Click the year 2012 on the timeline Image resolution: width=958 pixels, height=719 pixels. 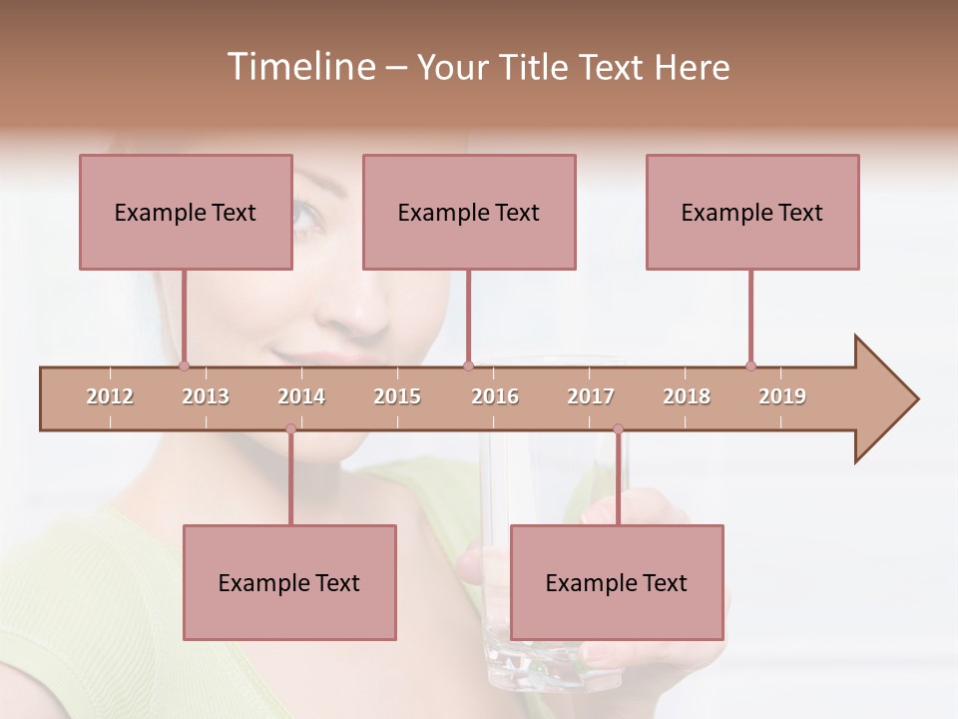(110, 396)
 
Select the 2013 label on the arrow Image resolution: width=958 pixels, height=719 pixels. (206, 396)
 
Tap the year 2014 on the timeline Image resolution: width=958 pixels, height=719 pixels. (301, 396)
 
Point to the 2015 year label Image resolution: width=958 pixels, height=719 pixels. (397, 396)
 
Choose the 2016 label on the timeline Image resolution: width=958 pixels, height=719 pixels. (495, 396)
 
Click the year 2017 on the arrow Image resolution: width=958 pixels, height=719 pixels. (591, 396)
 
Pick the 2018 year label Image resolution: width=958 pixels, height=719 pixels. (687, 396)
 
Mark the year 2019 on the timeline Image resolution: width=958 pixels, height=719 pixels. (782, 396)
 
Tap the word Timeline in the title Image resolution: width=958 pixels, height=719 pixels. (299, 67)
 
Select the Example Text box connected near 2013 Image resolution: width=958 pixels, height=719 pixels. (186, 212)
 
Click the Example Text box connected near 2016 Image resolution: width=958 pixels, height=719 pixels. (469, 212)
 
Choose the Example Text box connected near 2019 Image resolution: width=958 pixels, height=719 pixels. (752, 212)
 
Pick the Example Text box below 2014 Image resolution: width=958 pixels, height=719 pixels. (289, 582)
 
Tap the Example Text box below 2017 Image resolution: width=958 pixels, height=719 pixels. (617, 582)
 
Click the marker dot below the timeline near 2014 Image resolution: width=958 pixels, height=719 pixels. (290, 429)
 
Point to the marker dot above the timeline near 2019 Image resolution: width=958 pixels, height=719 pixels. (750, 365)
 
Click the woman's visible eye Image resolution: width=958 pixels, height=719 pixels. (304, 214)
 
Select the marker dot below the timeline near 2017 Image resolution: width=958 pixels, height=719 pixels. (618, 429)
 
